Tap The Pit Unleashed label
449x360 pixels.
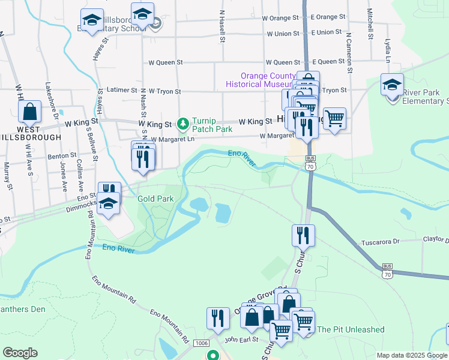click(351, 329)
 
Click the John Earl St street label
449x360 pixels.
click(241, 339)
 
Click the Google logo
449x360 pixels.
click(20, 353)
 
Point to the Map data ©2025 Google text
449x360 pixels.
click(412, 355)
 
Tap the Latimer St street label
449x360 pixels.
click(122, 90)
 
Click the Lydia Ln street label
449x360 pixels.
click(388, 52)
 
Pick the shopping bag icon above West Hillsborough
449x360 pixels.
click(29, 112)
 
